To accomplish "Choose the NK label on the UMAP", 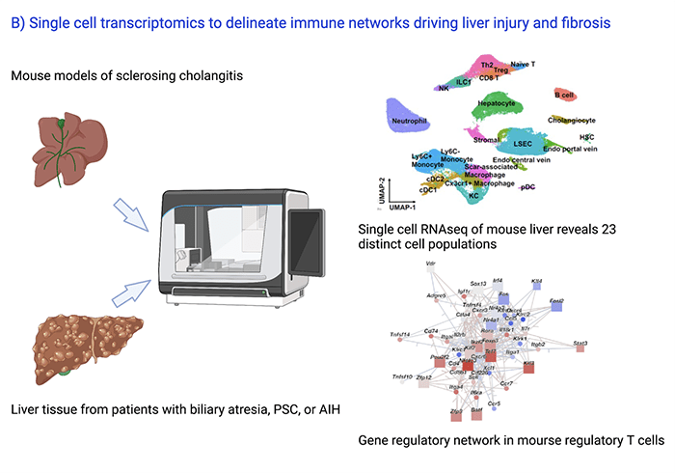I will pos(443,88).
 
